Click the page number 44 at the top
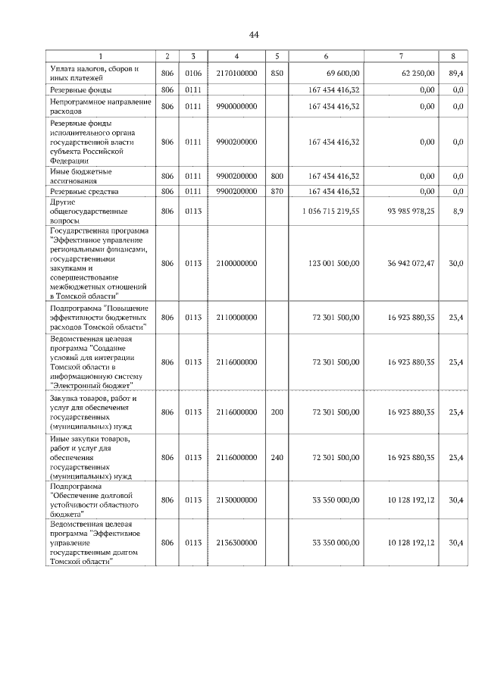click(253, 35)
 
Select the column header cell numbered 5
click(277, 56)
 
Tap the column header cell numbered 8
click(452, 56)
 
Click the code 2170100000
click(236, 74)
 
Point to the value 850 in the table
click(277, 74)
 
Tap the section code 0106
click(193, 74)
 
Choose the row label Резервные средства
click(81, 193)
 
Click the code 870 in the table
click(277, 193)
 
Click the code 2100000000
click(236, 263)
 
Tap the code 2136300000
click(236, 543)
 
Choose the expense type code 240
click(277, 457)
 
